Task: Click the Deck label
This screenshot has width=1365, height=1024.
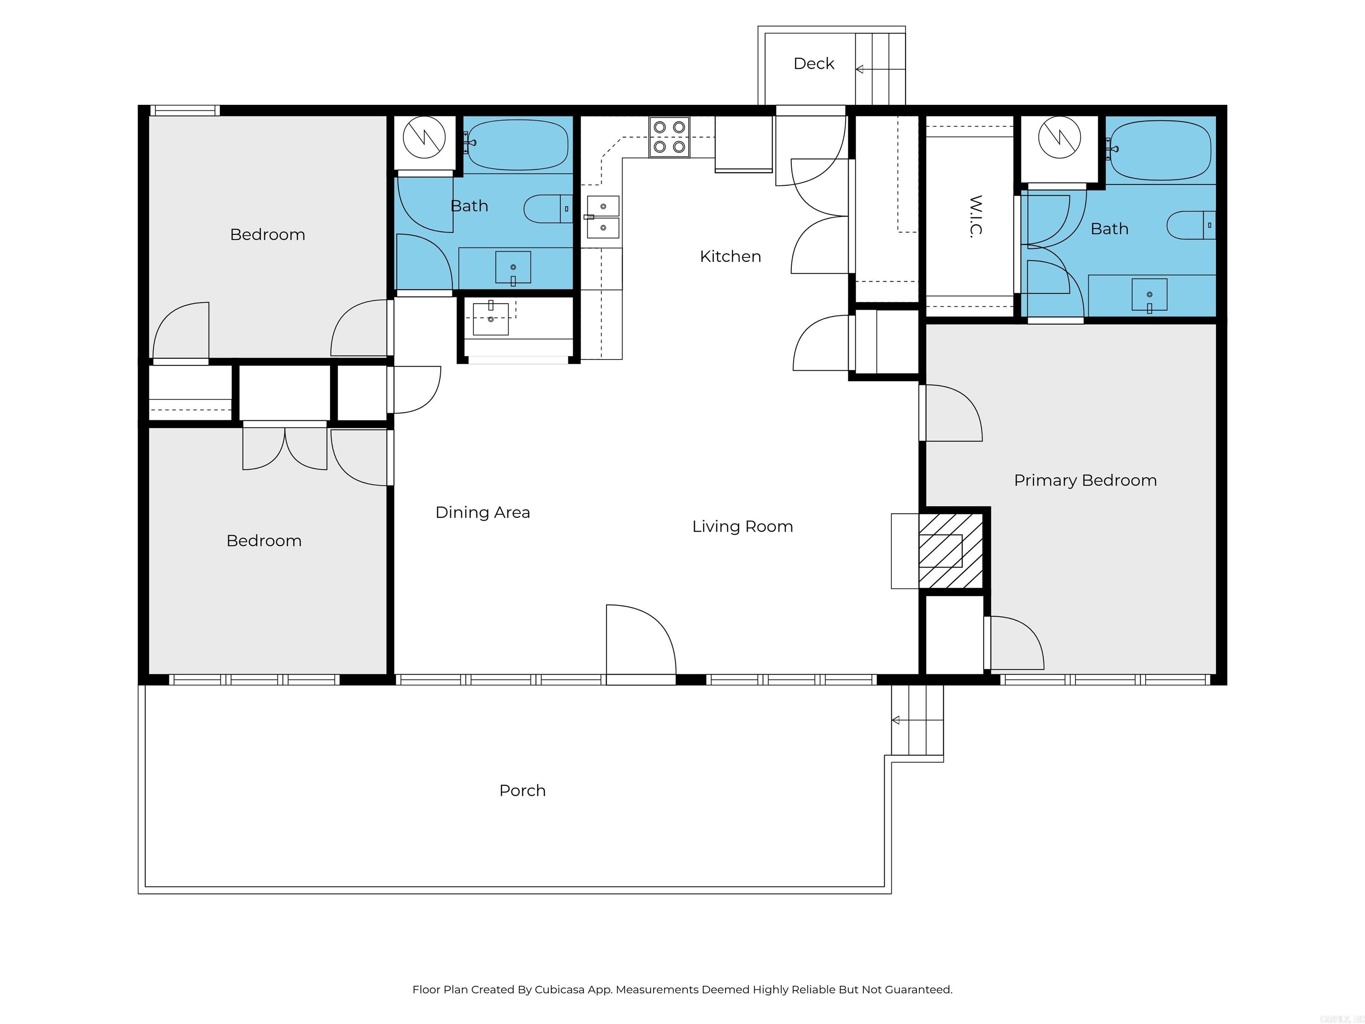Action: [813, 64]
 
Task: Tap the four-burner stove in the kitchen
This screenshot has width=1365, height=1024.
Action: [669, 137]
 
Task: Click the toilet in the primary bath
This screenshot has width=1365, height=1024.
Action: [1190, 225]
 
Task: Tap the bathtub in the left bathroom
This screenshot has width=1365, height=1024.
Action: [518, 144]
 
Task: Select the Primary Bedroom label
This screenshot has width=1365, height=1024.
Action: [1085, 480]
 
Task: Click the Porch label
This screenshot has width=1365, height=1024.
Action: [522, 791]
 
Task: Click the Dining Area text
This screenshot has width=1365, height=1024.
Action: [483, 512]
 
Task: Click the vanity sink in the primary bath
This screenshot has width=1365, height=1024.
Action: [1149, 295]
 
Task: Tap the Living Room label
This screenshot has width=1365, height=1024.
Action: [742, 527]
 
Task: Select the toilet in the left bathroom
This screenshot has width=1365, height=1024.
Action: [547, 209]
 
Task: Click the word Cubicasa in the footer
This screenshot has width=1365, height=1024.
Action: [559, 989]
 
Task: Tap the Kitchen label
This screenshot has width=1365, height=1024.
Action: [730, 256]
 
